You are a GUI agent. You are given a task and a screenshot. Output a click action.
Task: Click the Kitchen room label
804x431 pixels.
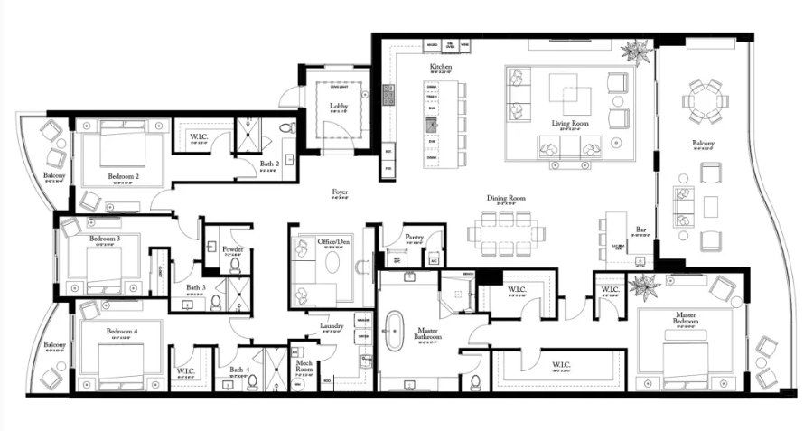click(441, 68)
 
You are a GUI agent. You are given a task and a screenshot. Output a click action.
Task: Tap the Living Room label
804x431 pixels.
click(570, 123)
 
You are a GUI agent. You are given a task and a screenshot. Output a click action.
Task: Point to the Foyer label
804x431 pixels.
click(341, 192)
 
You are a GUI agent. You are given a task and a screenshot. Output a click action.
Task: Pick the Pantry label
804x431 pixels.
click(415, 237)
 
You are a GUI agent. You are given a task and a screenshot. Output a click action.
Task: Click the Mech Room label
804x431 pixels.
click(304, 366)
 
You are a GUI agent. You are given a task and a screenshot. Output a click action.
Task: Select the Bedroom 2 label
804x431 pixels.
click(123, 176)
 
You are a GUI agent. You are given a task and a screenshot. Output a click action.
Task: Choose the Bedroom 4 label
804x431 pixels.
click(122, 332)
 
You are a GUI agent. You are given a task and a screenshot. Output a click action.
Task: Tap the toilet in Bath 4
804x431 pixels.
click(253, 382)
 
